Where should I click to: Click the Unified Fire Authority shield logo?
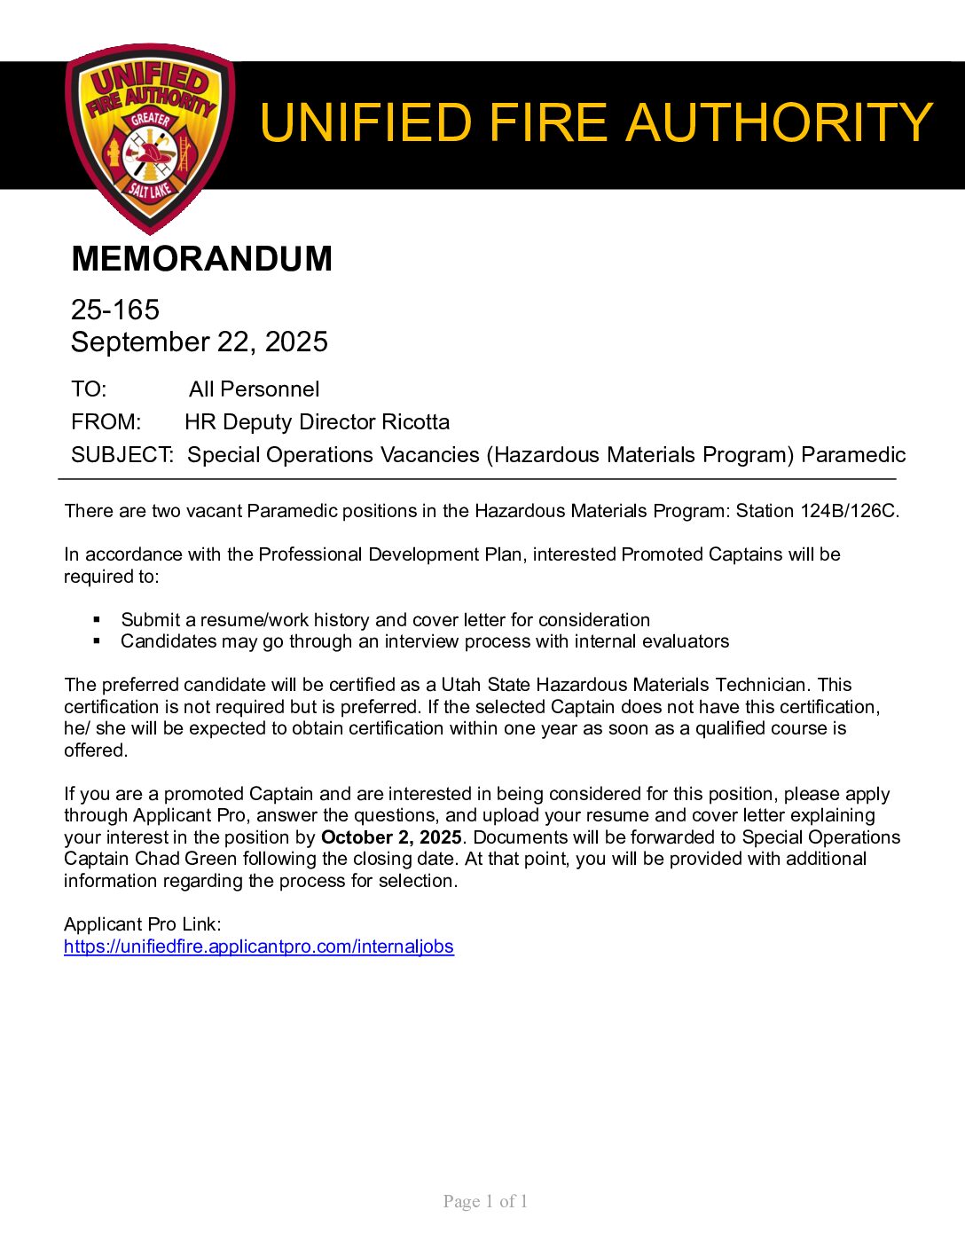(150, 137)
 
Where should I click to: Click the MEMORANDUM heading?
(201, 259)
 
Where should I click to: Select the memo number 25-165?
(115, 310)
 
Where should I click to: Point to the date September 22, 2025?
(200, 342)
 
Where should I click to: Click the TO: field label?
(89, 389)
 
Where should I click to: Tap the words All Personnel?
(254, 389)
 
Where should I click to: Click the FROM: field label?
(106, 422)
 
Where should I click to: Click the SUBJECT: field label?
(122, 455)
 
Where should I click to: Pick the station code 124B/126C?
(849, 511)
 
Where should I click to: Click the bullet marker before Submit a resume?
(98, 619)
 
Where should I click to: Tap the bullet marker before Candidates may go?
(98, 640)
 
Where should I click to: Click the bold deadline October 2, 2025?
(391, 837)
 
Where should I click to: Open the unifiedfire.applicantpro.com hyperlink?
(259, 947)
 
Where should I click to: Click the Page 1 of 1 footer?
(485, 1201)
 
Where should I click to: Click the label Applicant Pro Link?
(143, 924)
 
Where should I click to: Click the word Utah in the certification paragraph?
(461, 685)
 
